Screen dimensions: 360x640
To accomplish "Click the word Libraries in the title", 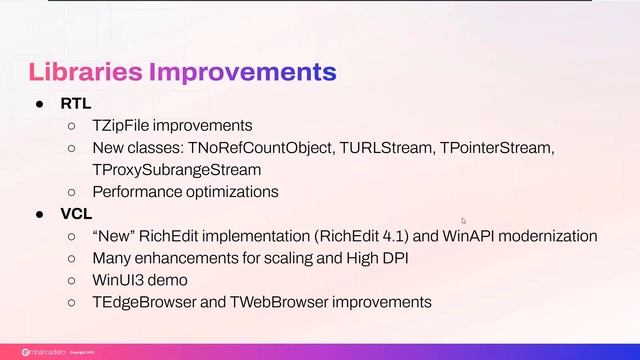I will tap(85, 72).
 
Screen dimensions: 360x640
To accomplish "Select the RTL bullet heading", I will tap(75, 104).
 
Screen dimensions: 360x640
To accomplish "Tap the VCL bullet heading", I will tap(75, 213).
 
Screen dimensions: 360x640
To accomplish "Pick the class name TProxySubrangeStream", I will tap(176, 169).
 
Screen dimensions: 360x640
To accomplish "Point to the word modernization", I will tap(548, 236).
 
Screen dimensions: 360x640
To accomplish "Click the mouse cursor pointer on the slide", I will tap(463, 221).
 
